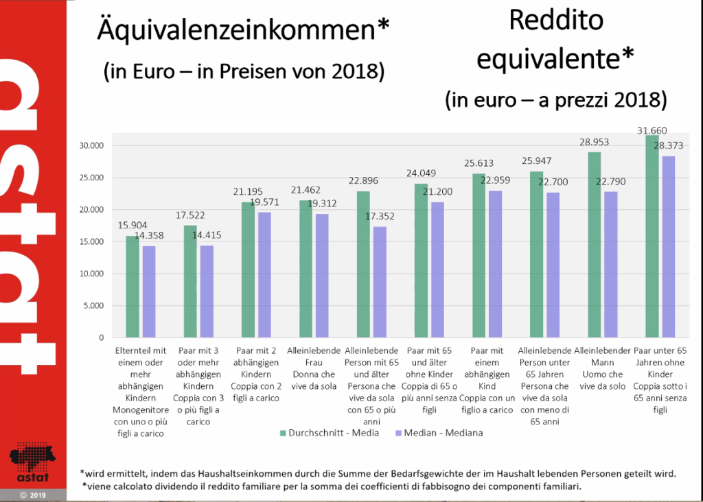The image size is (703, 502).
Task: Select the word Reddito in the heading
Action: click(556, 21)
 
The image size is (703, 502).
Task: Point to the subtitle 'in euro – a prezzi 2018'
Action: click(556, 100)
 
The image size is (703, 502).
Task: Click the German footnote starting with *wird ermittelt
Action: click(378, 473)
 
